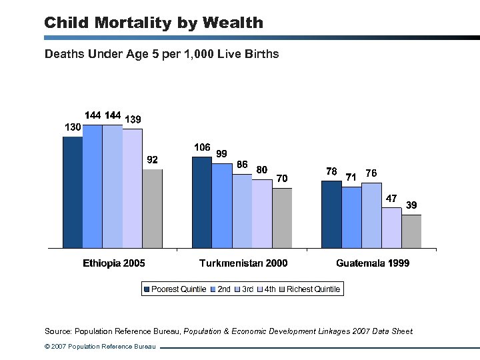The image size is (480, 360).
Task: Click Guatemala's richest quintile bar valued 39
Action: coord(411,231)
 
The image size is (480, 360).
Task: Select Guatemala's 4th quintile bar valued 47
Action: coord(391,227)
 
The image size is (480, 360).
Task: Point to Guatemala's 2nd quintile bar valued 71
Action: coord(351,217)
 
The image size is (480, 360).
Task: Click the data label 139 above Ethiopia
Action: coord(133,119)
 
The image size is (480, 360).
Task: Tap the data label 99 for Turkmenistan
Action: coord(222,153)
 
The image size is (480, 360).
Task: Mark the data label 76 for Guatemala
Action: coord(371,173)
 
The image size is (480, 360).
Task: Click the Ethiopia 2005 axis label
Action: coord(114,263)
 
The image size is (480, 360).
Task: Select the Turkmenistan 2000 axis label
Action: coord(243,263)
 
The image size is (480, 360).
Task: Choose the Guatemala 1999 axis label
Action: coord(373,263)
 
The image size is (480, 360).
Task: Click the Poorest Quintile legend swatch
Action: coord(147,289)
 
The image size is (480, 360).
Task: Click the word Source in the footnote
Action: coord(58,331)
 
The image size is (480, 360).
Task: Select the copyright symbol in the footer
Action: coord(47,347)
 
